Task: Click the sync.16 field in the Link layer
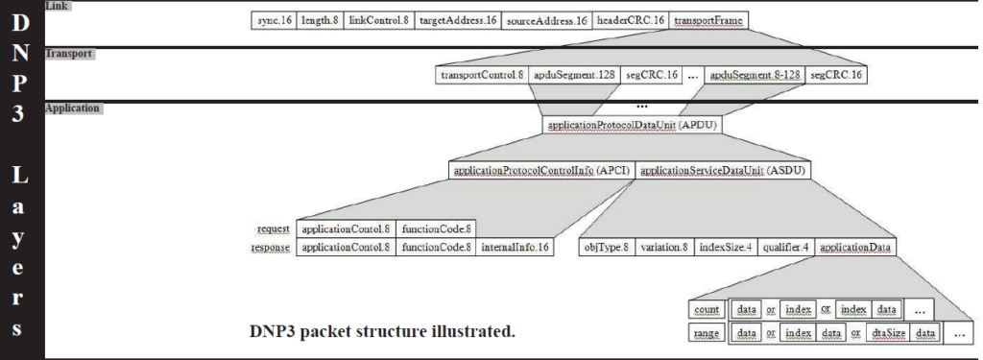pyautogui.click(x=274, y=20)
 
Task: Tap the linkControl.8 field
pyautogui.click(x=377, y=20)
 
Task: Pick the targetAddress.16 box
pyautogui.click(x=458, y=20)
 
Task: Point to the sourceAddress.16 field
pyautogui.click(x=547, y=20)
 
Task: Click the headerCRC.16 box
pyautogui.click(x=632, y=20)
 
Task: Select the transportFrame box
pyautogui.click(x=708, y=20)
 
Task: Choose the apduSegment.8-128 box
pyautogui.click(x=754, y=74)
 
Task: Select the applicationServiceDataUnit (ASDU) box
pyautogui.click(x=724, y=170)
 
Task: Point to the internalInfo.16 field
pyautogui.click(x=515, y=247)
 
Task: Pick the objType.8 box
pyautogui.click(x=607, y=247)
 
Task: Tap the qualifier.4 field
pyautogui.click(x=785, y=247)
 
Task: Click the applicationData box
pyautogui.click(x=856, y=247)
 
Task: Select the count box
pyautogui.click(x=707, y=310)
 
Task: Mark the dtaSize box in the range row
pyautogui.click(x=888, y=333)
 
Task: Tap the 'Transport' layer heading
pyautogui.click(x=69, y=54)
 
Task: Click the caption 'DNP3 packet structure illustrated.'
pyautogui.click(x=382, y=332)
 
